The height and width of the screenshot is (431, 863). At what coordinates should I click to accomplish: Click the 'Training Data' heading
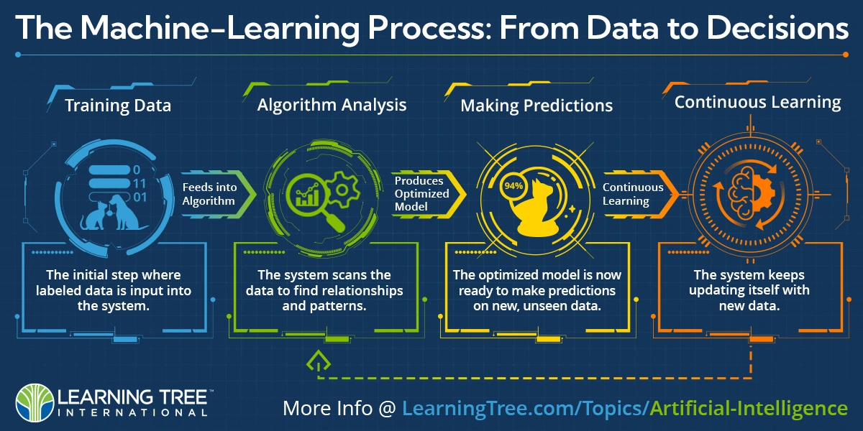tap(118, 106)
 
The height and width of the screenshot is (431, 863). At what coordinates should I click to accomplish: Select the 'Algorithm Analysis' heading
tap(332, 105)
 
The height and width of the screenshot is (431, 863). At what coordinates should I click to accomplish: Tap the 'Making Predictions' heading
tap(536, 106)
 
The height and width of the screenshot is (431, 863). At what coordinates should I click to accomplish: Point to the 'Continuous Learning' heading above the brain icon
tap(758, 103)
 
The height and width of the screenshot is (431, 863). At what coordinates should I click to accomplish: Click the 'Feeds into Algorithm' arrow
tap(218, 195)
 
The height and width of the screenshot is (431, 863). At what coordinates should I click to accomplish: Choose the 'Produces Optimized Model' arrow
tap(429, 194)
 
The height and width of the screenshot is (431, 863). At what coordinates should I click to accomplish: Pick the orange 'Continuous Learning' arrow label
tap(633, 195)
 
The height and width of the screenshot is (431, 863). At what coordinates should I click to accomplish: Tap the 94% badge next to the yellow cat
tap(513, 186)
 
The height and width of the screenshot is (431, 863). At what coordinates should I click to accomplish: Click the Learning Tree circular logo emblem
tap(35, 402)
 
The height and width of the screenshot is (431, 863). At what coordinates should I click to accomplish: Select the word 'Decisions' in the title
tap(777, 28)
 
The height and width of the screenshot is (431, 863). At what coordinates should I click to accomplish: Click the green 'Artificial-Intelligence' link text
tap(749, 408)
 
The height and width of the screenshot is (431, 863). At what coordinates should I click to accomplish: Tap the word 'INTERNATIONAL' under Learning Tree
tap(132, 413)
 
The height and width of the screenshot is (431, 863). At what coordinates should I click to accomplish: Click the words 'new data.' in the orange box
tap(749, 306)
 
